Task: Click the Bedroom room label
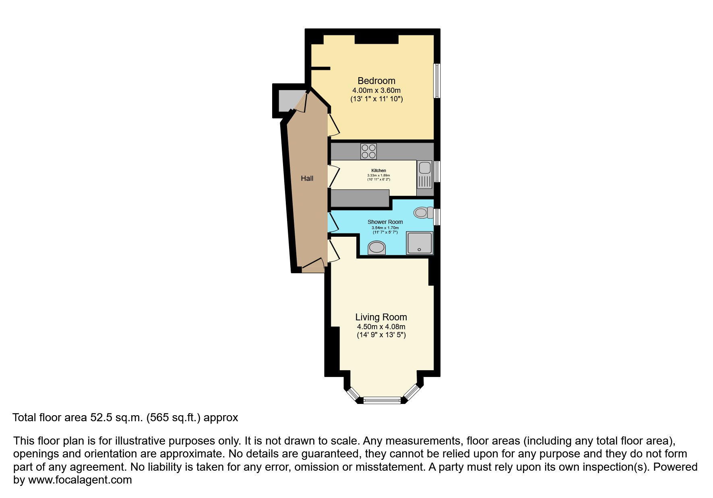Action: [376, 81]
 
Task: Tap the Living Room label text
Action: [381, 317]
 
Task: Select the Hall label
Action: [307, 178]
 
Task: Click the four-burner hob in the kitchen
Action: [369, 152]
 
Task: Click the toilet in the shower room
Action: [423, 212]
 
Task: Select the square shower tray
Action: [420, 243]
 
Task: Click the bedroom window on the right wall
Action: [436, 80]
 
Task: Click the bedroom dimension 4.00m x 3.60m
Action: [376, 90]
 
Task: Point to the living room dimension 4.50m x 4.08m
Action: [381, 327]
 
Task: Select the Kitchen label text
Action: [378, 170]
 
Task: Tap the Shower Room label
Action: [385, 222]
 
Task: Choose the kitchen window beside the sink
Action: [437, 171]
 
